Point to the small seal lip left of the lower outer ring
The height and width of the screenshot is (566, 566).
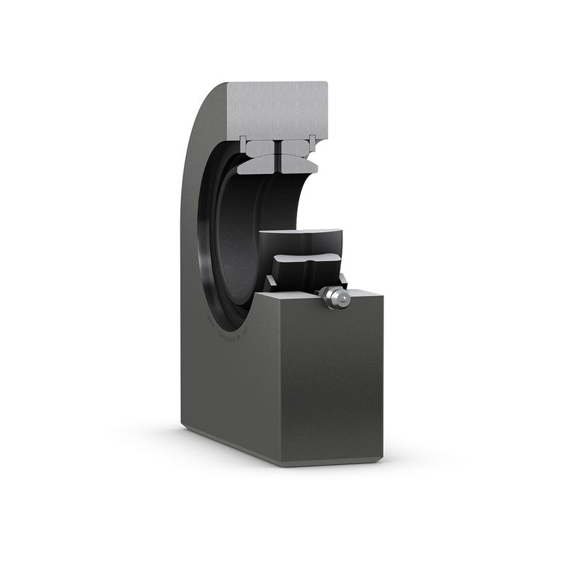click(x=270, y=284)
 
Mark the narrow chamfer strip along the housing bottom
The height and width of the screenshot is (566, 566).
click(x=233, y=446)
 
